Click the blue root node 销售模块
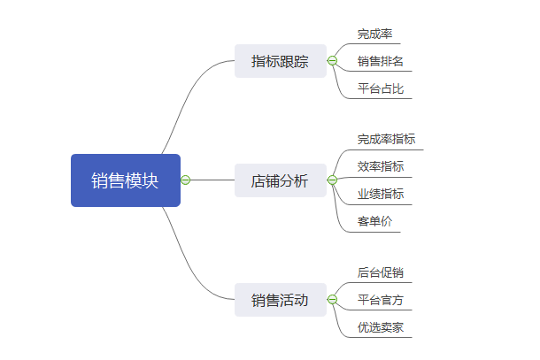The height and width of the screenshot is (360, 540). pyautogui.click(x=126, y=180)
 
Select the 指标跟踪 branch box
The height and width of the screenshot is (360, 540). pyautogui.click(x=280, y=61)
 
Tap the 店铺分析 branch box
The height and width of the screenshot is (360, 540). pyautogui.click(x=280, y=180)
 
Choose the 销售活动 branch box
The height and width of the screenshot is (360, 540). pyautogui.click(x=280, y=300)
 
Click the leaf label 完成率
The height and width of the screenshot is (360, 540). pyautogui.click(x=374, y=34)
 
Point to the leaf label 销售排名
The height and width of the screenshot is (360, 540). pyautogui.click(x=381, y=62)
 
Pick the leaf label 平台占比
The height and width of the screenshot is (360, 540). pyautogui.click(x=381, y=88)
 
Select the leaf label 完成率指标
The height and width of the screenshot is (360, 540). pyautogui.click(x=386, y=139)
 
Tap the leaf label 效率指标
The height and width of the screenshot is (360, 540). pyautogui.click(x=381, y=166)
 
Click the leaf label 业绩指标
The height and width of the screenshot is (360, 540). pyautogui.click(x=381, y=194)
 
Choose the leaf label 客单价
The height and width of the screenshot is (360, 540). pyautogui.click(x=374, y=221)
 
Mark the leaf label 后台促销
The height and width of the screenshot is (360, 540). pyautogui.click(x=381, y=272)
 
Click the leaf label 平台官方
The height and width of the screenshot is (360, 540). pyautogui.click(x=381, y=300)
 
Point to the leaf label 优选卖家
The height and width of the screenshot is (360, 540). pyautogui.click(x=381, y=327)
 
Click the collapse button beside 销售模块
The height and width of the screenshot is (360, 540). pyautogui.click(x=186, y=180)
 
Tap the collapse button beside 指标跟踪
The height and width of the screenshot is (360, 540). pyautogui.click(x=332, y=61)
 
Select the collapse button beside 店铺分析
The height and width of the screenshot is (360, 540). pyautogui.click(x=332, y=180)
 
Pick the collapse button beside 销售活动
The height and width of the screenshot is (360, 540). pyautogui.click(x=332, y=300)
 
